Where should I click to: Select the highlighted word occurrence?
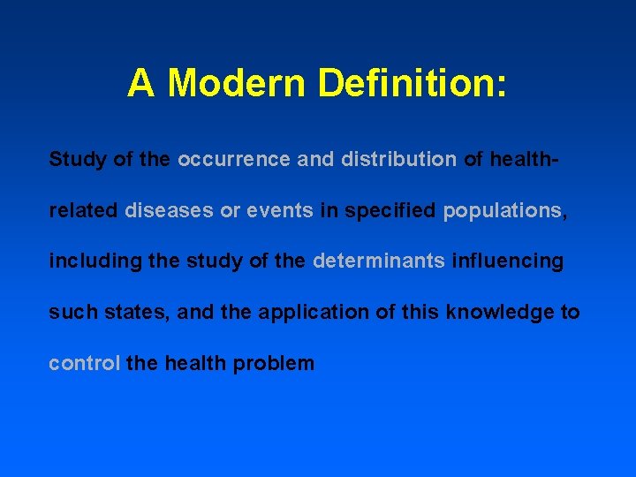click(x=232, y=160)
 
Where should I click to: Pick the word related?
click(x=84, y=211)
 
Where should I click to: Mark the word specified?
click(x=390, y=211)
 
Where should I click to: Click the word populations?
click(x=502, y=211)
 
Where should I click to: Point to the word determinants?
click(x=378, y=261)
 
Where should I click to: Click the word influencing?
click(x=507, y=261)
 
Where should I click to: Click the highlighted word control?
click(x=84, y=363)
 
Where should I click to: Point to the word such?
click(x=67, y=313)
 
